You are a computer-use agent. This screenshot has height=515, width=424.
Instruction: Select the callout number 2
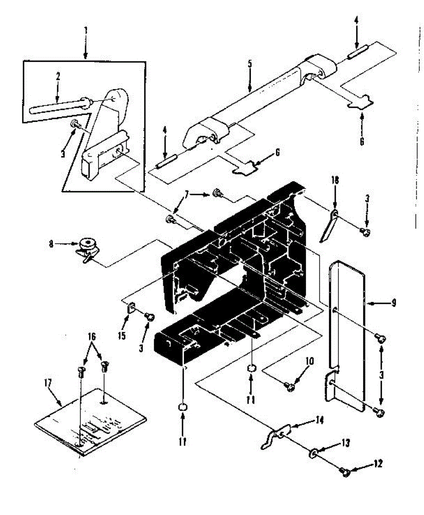coord(58,76)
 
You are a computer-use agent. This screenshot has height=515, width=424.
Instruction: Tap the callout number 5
coord(250,64)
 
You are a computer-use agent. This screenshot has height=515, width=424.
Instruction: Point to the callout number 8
coord(51,245)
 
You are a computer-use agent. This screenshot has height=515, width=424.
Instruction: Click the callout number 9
coord(394,303)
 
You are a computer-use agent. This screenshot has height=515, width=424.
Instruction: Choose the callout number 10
coord(310,361)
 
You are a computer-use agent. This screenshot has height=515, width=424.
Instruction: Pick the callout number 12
coord(378,463)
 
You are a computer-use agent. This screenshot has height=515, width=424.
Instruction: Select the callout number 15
coord(122,336)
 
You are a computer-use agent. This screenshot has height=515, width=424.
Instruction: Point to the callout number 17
coord(48,382)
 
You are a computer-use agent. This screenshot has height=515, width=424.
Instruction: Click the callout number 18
coord(335,180)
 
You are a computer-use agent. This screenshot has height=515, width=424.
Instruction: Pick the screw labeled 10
coord(289,387)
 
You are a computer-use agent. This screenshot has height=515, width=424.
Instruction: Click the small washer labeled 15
coord(131,308)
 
